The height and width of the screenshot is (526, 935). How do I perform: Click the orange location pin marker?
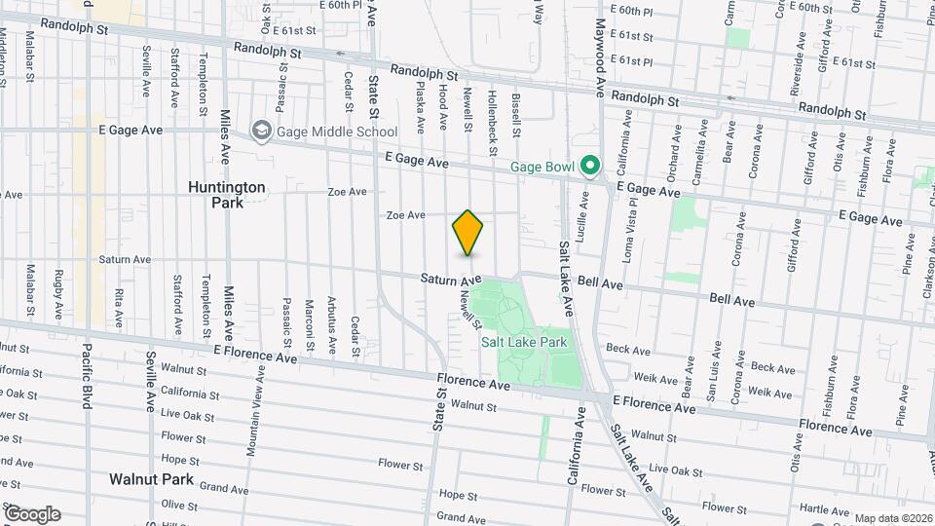[x=467, y=233]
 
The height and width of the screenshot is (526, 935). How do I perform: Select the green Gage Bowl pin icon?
[x=589, y=168]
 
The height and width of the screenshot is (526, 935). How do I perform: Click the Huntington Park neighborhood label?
[x=226, y=194]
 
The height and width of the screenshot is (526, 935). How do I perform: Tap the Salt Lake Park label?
[x=524, y=342]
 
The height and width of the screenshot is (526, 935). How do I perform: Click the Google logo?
[x=31, y=514]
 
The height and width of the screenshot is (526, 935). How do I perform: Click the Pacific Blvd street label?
[x=87, y=374]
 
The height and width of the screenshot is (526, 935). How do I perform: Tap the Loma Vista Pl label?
[x=631, y=231]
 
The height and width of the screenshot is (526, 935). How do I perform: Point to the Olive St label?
[x=179, y=505]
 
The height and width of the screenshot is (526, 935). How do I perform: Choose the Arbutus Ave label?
[x=331, y=323]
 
